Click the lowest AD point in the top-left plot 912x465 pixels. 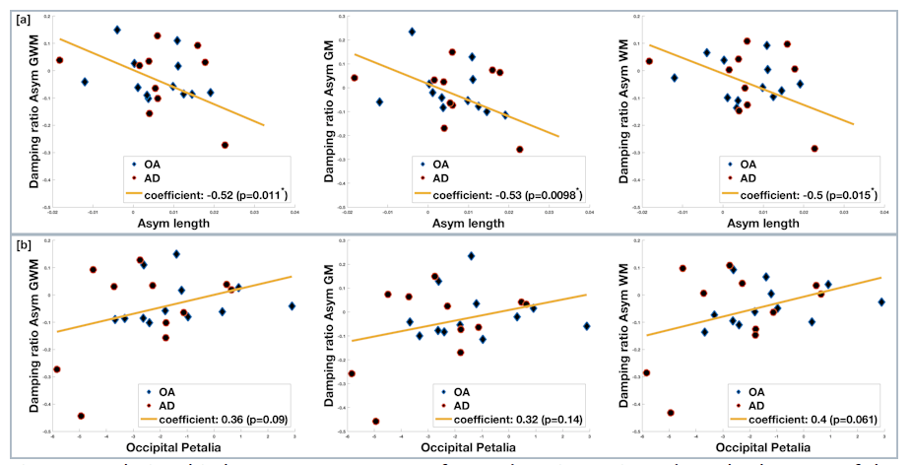pyautogui.click(x=225, y=145)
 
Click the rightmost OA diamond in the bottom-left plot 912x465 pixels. pyautogui.click(x=292, y=306)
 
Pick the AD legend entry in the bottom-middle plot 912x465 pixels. pyautogui.click(x=440, y=404)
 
